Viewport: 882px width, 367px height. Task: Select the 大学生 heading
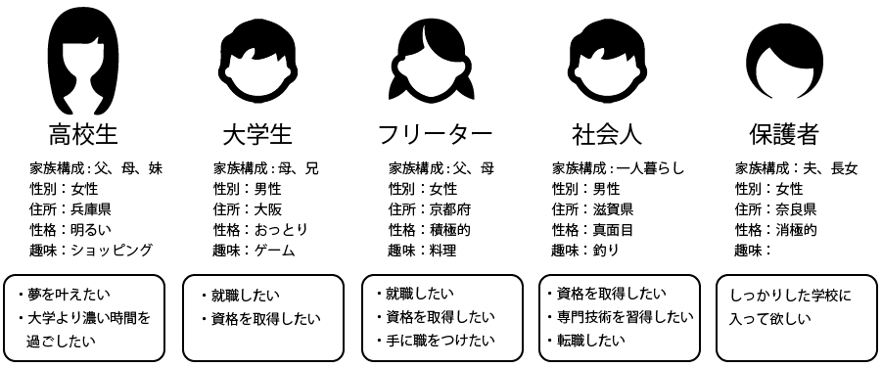tap(257, 134)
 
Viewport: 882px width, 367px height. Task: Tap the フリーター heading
tap(436, 134)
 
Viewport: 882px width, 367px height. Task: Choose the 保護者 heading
tap(783, 134)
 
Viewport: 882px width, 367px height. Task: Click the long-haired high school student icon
tap(83, 61)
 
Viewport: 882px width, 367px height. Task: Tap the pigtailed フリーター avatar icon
tap(435, 61)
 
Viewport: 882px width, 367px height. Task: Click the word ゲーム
tap(274, 251)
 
